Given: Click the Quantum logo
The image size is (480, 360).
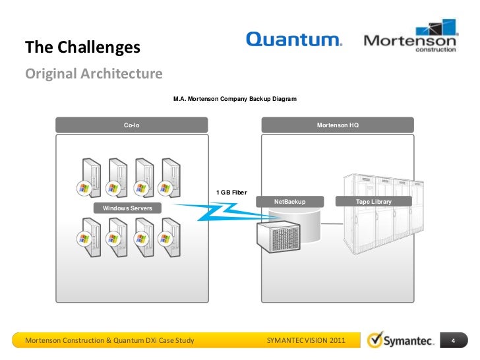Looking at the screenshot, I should (x=293, y=40).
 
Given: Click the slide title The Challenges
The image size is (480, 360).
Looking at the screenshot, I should (x=82, y=47).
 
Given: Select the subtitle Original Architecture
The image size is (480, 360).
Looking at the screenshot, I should (x=93, y=73).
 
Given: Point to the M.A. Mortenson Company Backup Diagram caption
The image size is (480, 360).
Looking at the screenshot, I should (x=235, y=99).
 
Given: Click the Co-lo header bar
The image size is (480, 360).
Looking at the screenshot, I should (x=132, y=125).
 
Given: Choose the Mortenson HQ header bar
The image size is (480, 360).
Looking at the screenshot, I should (x=338, y=125).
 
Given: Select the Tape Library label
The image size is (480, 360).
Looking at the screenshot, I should (x=373, y=201).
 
